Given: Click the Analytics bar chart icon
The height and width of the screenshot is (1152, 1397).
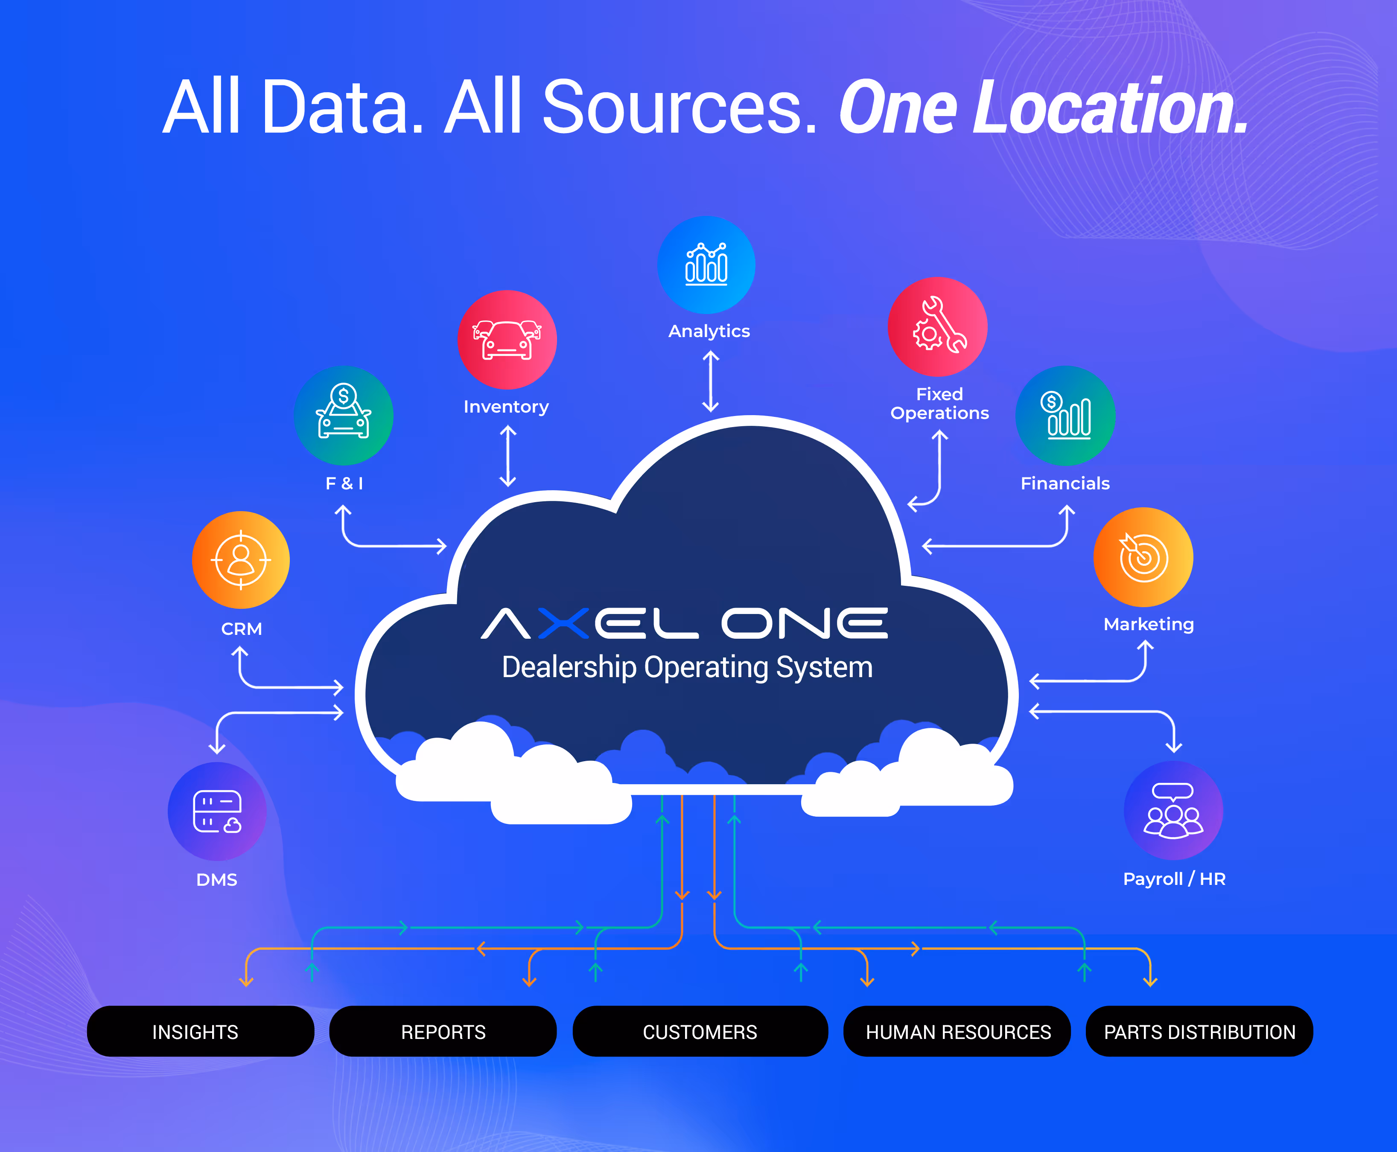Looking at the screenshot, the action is click(706, 265).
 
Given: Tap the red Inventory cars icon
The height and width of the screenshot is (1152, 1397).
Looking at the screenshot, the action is click(507, 340).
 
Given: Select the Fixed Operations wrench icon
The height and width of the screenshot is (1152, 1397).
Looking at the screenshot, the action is click(938, 326).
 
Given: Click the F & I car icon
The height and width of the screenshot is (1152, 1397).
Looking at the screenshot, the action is click(344, 416).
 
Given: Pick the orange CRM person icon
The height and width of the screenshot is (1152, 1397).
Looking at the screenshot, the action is click(241, 560).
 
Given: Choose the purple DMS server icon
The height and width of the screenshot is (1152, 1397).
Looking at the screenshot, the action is click(217, 811).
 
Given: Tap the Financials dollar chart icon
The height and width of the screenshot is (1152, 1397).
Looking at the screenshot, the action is click(1065, 416).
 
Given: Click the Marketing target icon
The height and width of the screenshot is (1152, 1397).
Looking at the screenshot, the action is click(1143, 557).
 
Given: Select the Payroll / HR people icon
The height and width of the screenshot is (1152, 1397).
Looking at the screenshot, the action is click(1173, 811).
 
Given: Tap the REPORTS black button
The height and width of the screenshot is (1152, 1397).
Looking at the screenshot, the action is click(443, 1031).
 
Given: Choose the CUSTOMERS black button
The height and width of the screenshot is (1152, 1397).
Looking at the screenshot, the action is click(700, 1031).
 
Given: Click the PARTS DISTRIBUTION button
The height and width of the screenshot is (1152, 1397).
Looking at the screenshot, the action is click(1199, 1031).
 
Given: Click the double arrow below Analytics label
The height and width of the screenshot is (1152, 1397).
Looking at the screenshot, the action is click(711, 381).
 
